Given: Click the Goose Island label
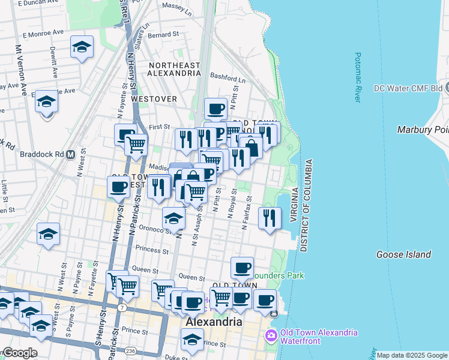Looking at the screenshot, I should (x=403, y=254).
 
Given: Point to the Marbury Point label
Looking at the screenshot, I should (x=423, y=130).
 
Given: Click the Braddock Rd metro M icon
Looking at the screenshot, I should (x=70, y=154).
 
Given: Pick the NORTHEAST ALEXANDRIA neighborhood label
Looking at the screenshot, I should (x=174, y=69).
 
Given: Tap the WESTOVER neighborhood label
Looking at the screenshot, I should (x=154, y=98).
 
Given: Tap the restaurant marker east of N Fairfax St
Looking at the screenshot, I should (x=270, y=217).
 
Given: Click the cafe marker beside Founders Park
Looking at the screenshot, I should (x=242, y=268).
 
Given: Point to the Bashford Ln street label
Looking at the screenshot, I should (x=228, y=78).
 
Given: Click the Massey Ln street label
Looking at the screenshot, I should (x=176, y=7).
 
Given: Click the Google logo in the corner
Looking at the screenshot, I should (x=19, y=353).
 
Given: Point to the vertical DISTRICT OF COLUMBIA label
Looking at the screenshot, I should (x=304, y=205).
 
